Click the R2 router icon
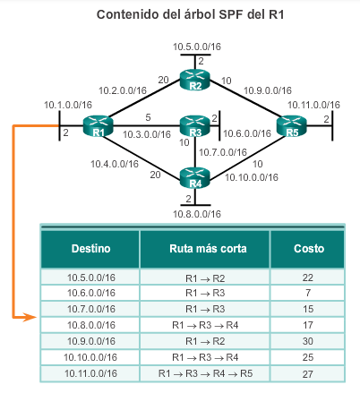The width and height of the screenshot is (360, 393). point(195,80)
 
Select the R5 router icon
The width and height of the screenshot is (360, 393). point(292,126)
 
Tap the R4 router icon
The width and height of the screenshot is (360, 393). point(195,178)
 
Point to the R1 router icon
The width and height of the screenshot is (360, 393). point(99,126)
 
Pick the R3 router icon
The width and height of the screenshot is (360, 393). point(195,126)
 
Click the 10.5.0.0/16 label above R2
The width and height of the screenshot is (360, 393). point(197,47)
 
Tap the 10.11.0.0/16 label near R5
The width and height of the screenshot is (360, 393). point(313,105)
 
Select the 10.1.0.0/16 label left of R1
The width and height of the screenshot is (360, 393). point(68,105)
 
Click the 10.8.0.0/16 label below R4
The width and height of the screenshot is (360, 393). point(197,214)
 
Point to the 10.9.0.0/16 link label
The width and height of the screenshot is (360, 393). point(268,90)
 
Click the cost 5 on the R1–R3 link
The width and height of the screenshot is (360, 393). point(148,117)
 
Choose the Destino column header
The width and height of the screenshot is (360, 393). point(90,249)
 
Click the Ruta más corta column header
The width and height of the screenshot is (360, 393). point(208,249)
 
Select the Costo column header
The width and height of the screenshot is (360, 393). point(309,249)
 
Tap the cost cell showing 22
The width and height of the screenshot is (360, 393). point(308,278)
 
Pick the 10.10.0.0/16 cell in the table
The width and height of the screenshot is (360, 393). point(90,357)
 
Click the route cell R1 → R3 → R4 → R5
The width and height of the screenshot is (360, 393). point(205,373)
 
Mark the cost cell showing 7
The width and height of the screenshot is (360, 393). point(308,293)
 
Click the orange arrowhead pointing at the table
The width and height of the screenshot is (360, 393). point(30,317)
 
